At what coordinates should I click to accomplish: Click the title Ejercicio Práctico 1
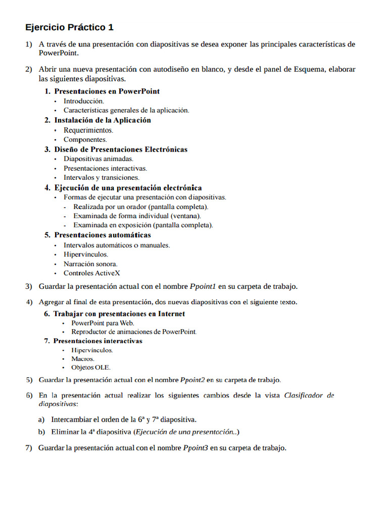click(x=70, y=27)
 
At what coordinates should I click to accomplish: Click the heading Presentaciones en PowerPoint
click(x=107, y=91)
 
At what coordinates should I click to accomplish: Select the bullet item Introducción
click(x=84, y=101)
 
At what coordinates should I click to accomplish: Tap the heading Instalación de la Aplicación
click(x=103, y=120)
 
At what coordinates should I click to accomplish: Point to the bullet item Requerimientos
click(x=88, y=130)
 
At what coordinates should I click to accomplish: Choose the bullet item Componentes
click(x=85, y=139)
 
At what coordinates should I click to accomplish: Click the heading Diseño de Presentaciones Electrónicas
click(x=121, y=149)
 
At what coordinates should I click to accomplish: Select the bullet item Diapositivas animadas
click(x=99, y=159)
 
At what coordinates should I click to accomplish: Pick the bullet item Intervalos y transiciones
click(x=102, y=178)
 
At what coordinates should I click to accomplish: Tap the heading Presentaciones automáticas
click(x=103, y=235)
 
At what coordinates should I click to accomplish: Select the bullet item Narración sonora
click(x=90, y=264)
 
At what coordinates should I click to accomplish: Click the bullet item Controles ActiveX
click(x=92, y=273)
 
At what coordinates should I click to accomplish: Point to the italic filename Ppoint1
click(x=203, y=287)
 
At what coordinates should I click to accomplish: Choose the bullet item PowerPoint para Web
click(x=103, y=323)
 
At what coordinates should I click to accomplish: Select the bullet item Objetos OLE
click(x=91, y=367)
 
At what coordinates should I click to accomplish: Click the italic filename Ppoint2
click(x=192, y=380)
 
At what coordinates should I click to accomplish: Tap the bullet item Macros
click(x=83, y=358)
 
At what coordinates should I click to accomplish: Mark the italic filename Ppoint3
click(x=196, y=448)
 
